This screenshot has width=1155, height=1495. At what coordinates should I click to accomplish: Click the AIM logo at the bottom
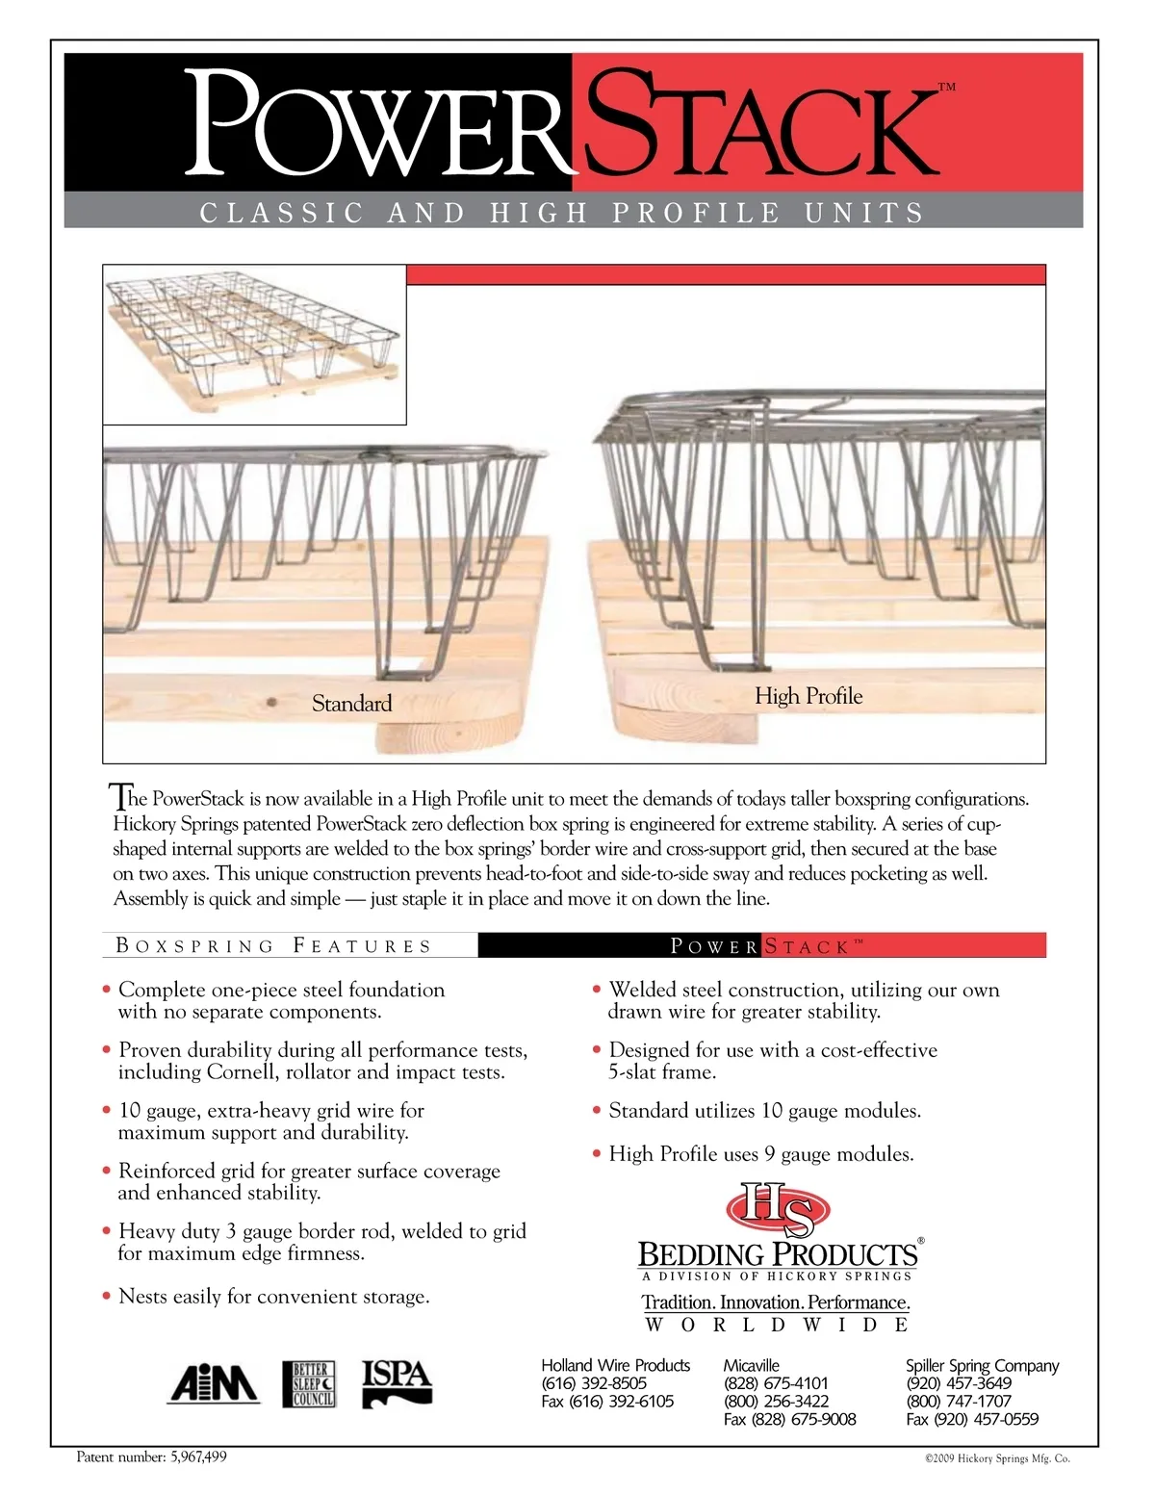pos(214,1384)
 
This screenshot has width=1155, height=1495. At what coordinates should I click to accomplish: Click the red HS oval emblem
pos(777,1209)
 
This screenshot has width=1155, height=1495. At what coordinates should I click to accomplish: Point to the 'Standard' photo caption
pos(351,704)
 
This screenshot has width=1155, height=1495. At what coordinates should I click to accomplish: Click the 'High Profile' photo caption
pos(808,696)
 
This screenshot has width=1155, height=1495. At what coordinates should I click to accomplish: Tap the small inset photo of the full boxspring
pos(254,344)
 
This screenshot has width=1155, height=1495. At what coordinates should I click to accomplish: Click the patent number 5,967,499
pos(197,1456)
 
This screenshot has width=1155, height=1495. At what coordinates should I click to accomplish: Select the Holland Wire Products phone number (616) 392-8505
pos(594,1383)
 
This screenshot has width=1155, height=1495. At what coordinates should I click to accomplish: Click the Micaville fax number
pos(789,1419)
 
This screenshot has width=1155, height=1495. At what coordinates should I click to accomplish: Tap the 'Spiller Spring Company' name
pos(982,1365)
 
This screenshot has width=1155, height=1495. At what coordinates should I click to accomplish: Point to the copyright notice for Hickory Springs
pos(996,1458)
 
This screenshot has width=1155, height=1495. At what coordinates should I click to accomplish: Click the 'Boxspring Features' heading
pos(273,945)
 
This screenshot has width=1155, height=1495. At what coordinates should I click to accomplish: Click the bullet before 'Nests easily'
pos(106,1297)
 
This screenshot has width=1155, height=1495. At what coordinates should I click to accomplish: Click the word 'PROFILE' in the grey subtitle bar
pos(696,212)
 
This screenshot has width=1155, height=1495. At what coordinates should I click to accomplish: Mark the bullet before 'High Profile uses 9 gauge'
pos(597,1153)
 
